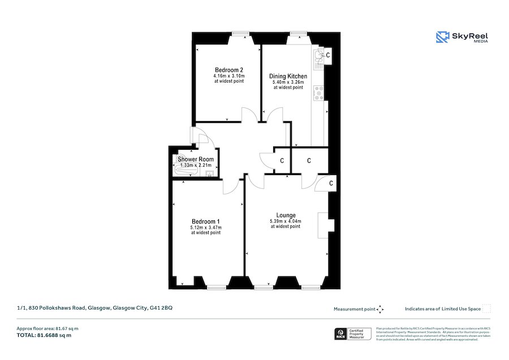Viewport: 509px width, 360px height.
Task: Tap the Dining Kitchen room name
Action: pyautogui.click(x=288, y=76)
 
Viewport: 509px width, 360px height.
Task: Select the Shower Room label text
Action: pyautogui.click(x=196, y=159)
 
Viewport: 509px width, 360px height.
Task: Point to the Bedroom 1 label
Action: pyautogui.click(x=205, y=221)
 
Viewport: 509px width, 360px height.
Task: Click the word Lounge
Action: pyautogui.click(x=286, y=215)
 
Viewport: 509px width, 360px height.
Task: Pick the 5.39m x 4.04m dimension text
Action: pyautogui.click(x=286, y=221)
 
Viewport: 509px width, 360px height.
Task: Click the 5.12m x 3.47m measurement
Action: pyautogui.click(x=205, y=227)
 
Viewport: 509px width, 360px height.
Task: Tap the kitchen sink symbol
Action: pyautogui.click(x=318, y=55)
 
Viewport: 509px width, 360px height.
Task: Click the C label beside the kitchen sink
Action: pyautogui.click(x=328, y=54)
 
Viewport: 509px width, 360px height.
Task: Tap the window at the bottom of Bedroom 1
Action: pyautogui.click(x=215, y=287)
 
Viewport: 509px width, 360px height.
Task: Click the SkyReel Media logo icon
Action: pyautogui.click(x=442, y=37)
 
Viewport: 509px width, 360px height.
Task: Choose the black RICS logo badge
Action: pyautogui.click(x=341, y=334)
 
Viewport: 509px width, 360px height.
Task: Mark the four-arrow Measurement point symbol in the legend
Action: pyautogui.click(x=380, y=309)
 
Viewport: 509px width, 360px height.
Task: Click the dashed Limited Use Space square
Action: pyautogui.click(x=486, y=309)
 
